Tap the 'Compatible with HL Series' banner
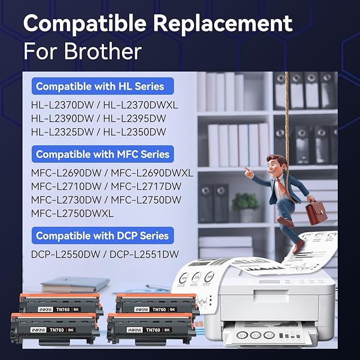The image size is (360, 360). click(100, 86)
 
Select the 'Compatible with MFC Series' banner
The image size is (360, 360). click(102, 155)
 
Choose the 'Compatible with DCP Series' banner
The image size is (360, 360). click(102, 236)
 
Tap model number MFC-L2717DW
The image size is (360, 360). click(151, 187)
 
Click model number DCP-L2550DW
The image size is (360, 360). click(66, 254)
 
